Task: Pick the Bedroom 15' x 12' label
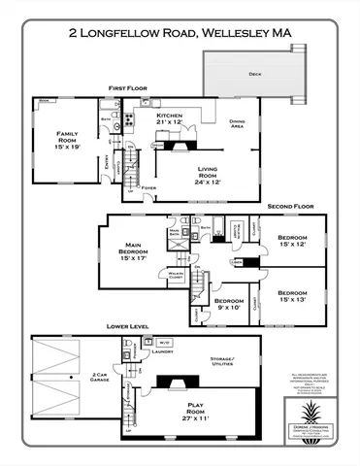(292, 241)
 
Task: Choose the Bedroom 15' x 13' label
(292, 296)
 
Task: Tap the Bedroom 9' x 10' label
(229, 305)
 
